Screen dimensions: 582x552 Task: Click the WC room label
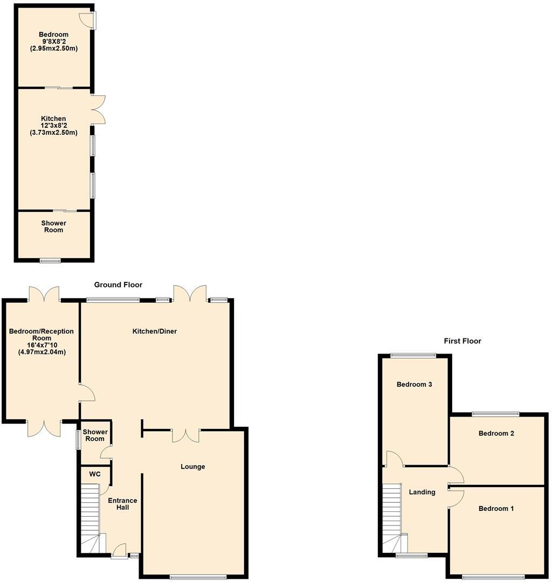(x=95, y=474)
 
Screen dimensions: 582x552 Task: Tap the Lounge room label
(x=192, y=467)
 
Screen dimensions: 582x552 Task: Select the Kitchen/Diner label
(x=155, y=331)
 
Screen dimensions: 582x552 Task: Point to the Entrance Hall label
(x=122, y=504)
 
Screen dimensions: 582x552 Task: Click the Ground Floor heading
(x=118, y=285)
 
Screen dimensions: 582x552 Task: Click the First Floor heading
(x=463, y=341)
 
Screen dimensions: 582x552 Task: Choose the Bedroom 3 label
(x=414, y=385)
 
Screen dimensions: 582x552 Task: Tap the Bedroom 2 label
(x=496, y=433)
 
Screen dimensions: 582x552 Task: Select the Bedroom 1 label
(x=496, y=509)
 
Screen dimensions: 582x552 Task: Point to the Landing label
(x=422, y=492)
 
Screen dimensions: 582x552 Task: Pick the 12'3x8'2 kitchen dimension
(x=53, y=126)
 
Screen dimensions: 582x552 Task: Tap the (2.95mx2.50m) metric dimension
(x=53, y=48)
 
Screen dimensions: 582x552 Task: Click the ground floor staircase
(x=91, y=517)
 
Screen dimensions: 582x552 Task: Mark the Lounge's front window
(x=198, y=577)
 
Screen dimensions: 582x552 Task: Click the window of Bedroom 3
(x=413, y=355)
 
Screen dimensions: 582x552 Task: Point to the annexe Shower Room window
(x=50, y=261)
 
